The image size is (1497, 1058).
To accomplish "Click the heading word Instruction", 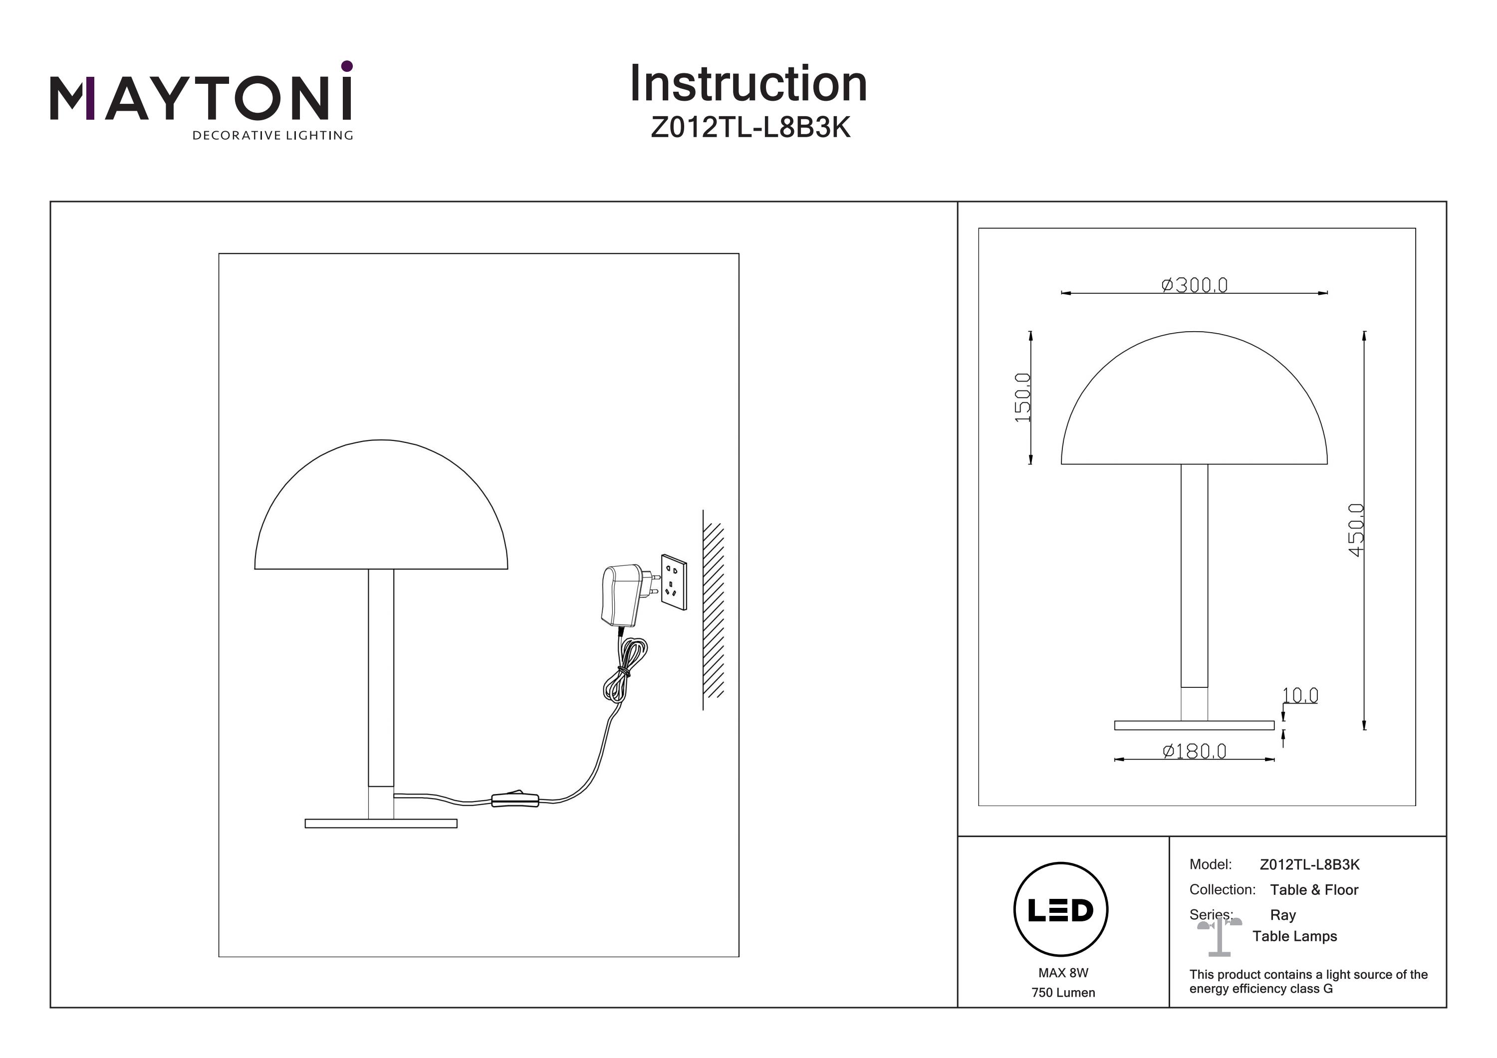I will click(x=748, y=84).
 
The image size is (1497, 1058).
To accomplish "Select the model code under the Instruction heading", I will click(x=750, y=128).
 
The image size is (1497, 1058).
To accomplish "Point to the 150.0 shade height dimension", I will click(x=1023, y=397).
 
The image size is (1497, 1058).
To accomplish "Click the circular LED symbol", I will click(x=1061, y=910).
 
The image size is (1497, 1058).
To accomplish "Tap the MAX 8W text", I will click(x=1063, y=973).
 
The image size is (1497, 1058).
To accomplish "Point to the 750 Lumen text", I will click(x=1063, y=993).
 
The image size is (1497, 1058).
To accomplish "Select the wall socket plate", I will click(x=674, y=582).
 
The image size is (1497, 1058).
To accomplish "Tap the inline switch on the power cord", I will click(x=515, y=799).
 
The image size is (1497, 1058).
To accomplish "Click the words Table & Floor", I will click(x=1314, y=890).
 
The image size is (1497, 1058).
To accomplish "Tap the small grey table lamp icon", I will click(x=1219, y=936).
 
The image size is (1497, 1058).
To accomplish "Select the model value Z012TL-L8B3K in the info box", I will click(x=1309, y=864).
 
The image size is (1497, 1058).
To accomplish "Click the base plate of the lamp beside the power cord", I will click(x=381, y=824).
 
